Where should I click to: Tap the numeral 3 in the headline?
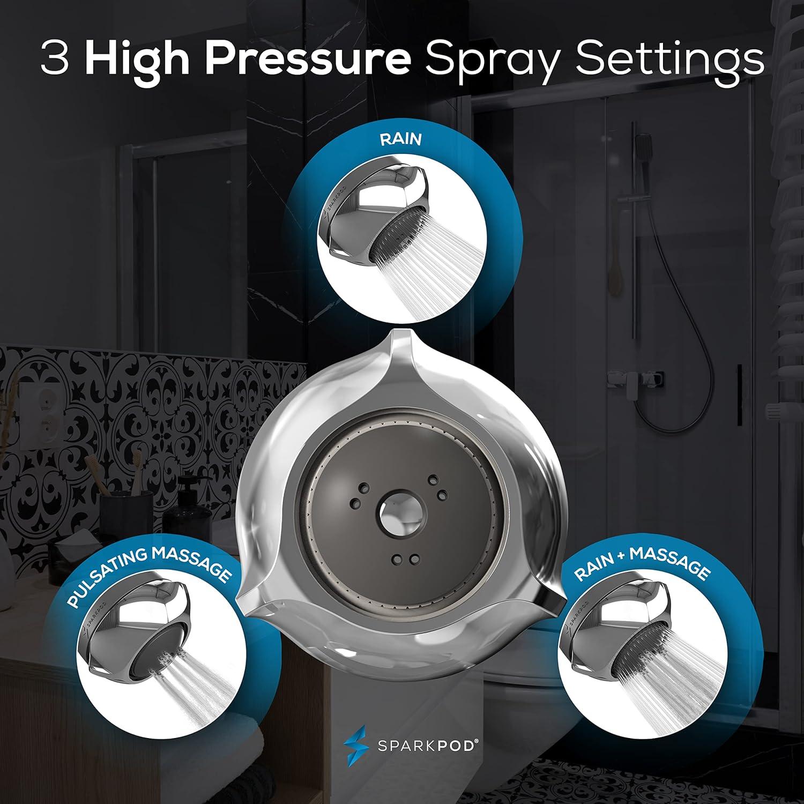pyautogui.click(x=55, y=60)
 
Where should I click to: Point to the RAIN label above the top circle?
pyautogui.click(x=401, y=139)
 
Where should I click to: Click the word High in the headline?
pyautogui.click(x=137, y=60)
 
